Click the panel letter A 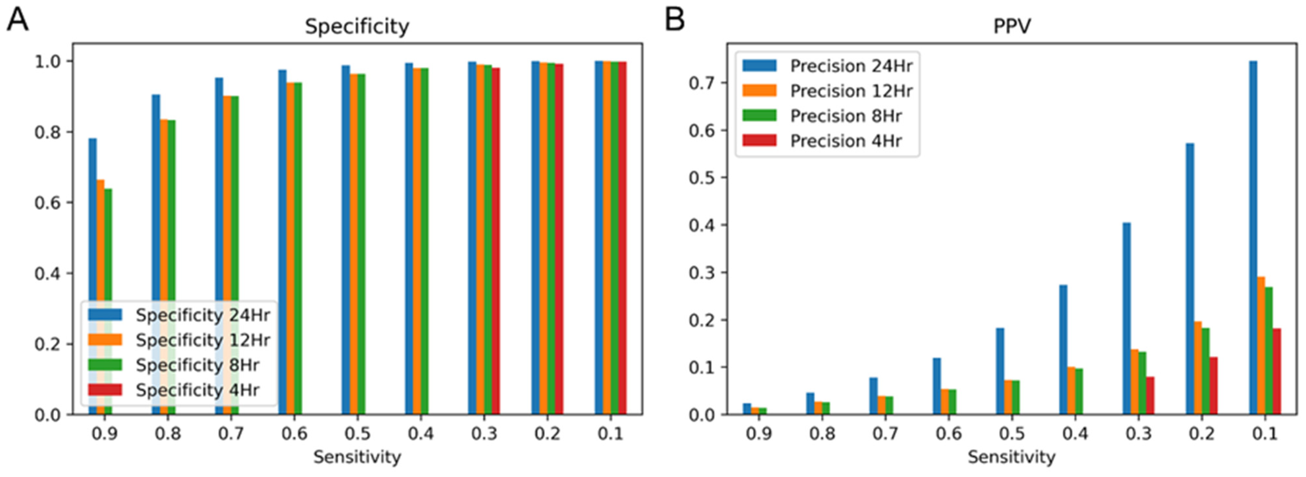[17, 20]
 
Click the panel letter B [675, 20]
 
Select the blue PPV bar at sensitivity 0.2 [1190, 279]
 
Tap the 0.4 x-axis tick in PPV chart [1075, 434]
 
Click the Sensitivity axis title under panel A [357, 457]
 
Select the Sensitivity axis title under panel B [1012, 457]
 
